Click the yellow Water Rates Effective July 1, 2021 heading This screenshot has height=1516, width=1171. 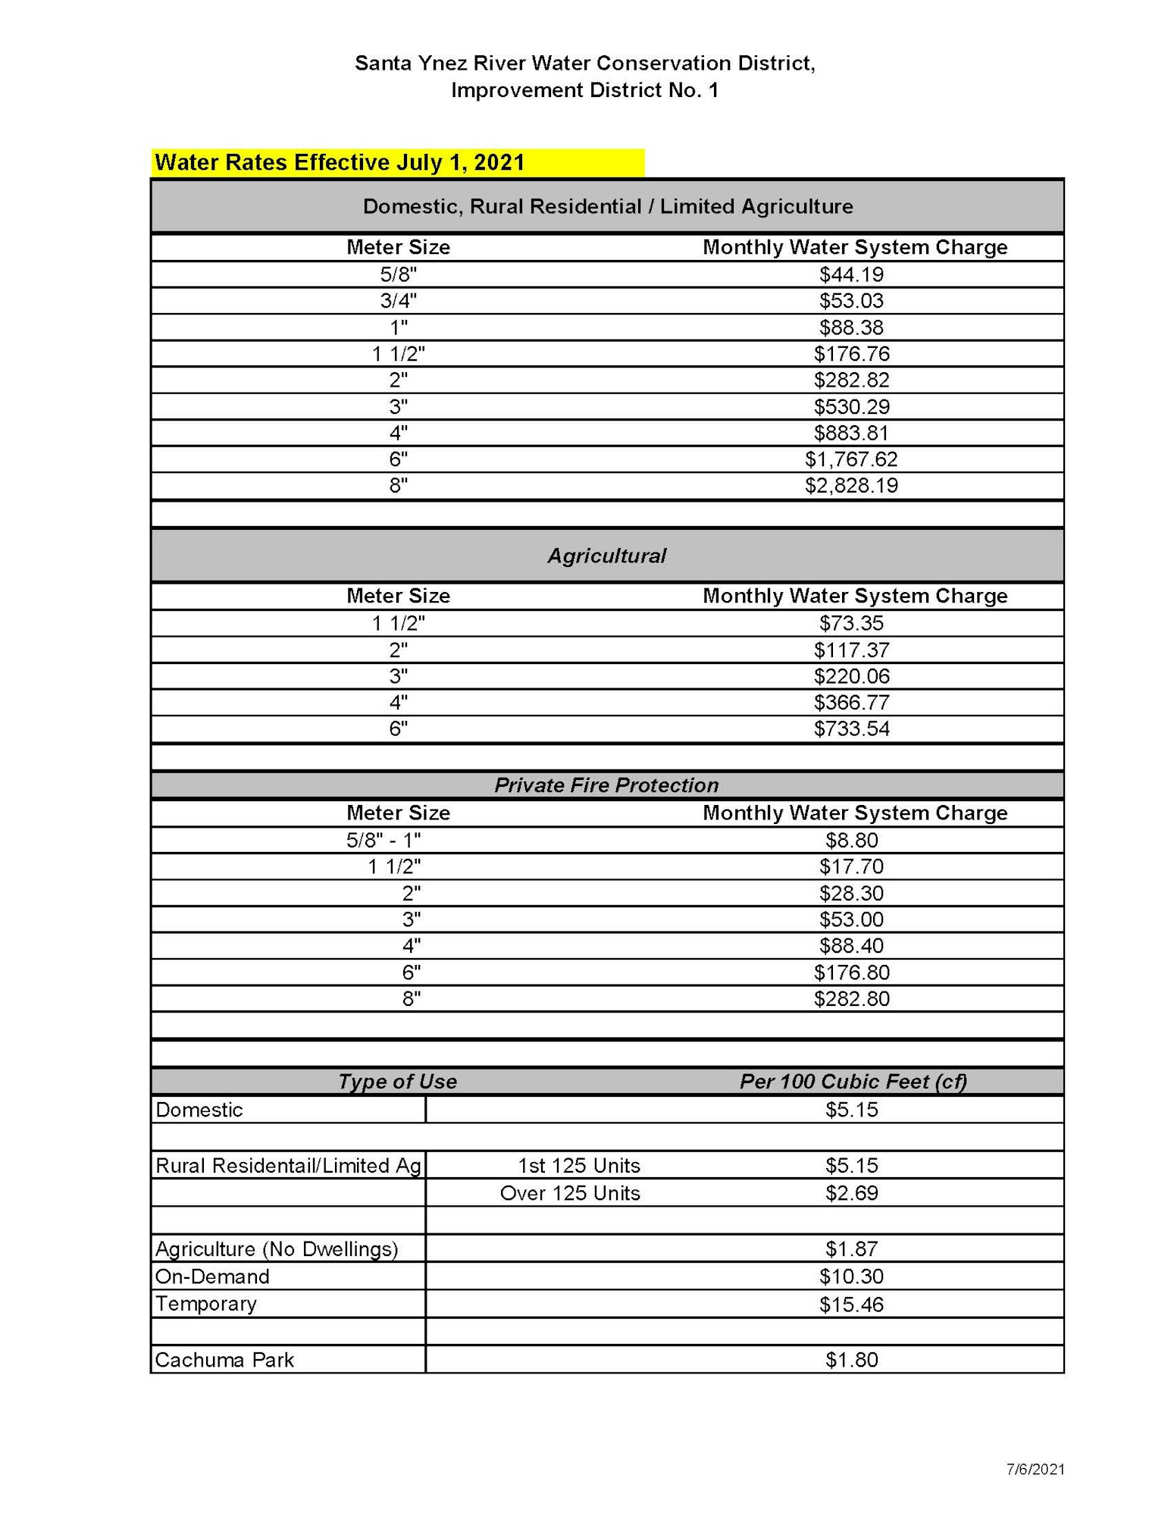tap(339, 162)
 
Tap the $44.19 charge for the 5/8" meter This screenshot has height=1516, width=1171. tap(850, 274)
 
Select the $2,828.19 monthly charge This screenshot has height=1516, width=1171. tap(850, 485)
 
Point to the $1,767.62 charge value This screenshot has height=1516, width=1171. tap(850, 459)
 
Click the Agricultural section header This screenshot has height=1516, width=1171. tap(606, 556)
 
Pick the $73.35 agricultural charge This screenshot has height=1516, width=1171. tap(850, 623)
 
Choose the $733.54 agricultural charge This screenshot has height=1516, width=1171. tap(850, 728)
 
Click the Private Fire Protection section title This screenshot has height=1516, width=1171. tap(606, 785)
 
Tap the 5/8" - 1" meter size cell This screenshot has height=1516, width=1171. tap(384, 840)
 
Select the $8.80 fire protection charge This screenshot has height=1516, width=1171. tap(850, 840)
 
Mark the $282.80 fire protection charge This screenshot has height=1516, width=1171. tap(850, 998)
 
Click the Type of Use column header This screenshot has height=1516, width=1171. tap(397, 1081)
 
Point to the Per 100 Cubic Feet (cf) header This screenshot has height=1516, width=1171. tap(853, 1081)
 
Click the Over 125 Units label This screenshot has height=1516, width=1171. tap(570, 1193)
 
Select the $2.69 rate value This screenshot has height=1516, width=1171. tap(850, 1193)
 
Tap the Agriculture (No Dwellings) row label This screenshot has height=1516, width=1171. tap(277, 1248)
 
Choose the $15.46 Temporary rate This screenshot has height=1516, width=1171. tap(850, 1305)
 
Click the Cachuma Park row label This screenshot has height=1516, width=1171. tap(224, 1360)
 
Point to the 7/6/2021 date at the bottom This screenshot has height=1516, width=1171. tap(1035, 1469)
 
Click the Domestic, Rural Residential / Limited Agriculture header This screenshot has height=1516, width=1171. tap(608, 206)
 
